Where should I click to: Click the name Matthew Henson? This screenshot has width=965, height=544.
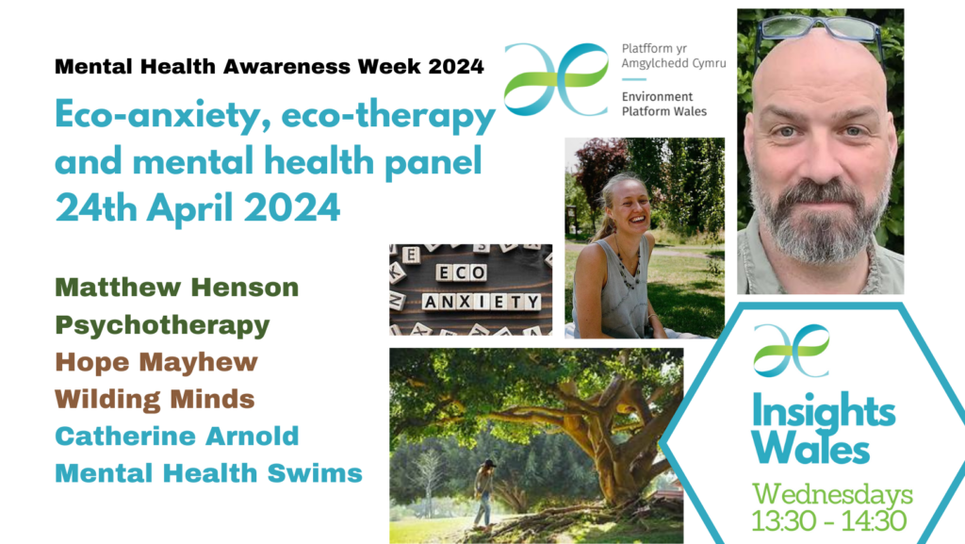tap(176, 288)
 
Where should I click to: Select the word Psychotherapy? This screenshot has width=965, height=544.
tap(162, 326)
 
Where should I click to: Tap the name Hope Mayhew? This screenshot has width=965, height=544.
tap(156, 362)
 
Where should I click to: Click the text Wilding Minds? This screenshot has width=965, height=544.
tap(155, 400)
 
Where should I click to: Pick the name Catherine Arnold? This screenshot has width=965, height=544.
tap(176, 437)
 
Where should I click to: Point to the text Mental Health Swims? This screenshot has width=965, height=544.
tap(208, 473)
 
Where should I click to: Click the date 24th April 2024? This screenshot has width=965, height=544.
tap(198, 207)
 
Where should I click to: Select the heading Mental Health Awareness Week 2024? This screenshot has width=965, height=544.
tap(270, 66)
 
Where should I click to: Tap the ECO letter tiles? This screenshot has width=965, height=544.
tap(462, 272)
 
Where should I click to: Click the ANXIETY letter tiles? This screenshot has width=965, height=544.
tap(482, 302)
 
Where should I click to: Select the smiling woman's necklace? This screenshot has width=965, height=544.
tap(628, 266)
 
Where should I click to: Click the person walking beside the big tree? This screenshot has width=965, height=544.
tap(484, 493)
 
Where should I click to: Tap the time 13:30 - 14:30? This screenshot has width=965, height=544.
tap(828, 521)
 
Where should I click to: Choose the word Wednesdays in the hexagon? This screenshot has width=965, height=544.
tap(832, 493)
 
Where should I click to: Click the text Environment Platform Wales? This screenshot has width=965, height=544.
tap(664, 104)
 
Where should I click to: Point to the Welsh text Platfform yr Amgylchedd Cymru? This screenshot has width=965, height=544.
tap(674, 56)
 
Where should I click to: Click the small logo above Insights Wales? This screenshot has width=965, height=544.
tap(792, 350)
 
